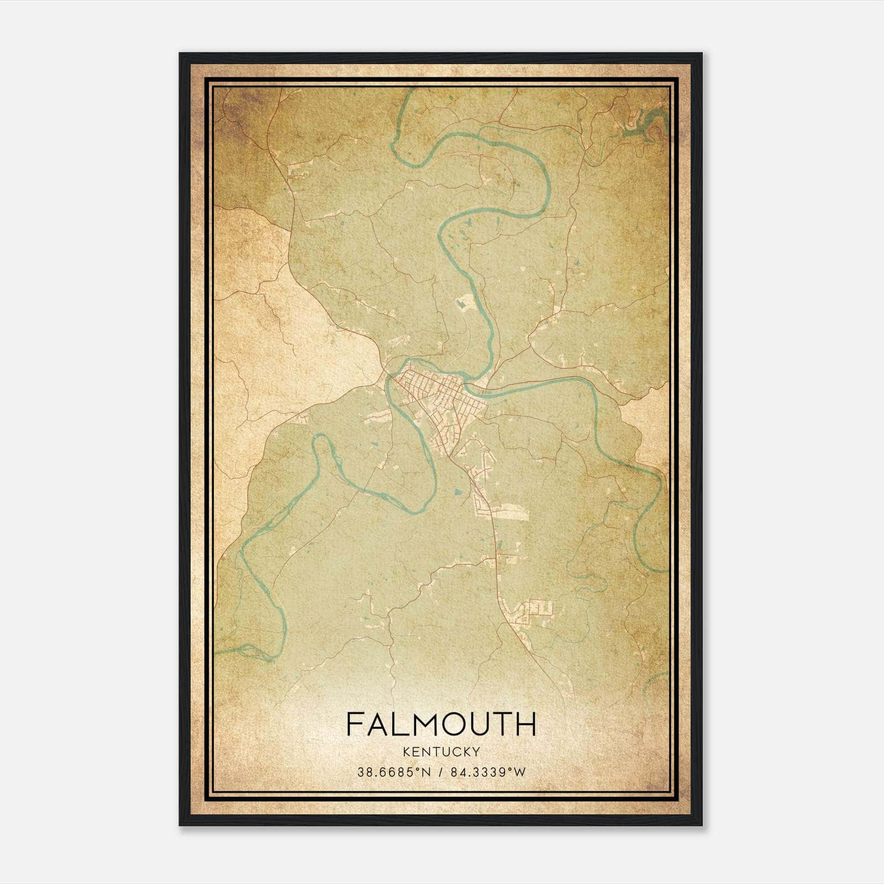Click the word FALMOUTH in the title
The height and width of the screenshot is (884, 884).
(x=441, y=724)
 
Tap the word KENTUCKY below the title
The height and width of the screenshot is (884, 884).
(x=441, y=752)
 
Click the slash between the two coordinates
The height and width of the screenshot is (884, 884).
(x=441, y=772)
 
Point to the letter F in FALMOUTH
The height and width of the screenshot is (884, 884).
(x=354, y=724)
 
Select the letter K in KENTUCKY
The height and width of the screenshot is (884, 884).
(x=407, y=752)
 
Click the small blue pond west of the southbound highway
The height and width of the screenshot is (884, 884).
(x=456, y=491)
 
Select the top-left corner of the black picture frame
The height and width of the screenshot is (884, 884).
(x=180, y=54)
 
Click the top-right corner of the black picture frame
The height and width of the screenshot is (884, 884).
(x=701, y=54)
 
